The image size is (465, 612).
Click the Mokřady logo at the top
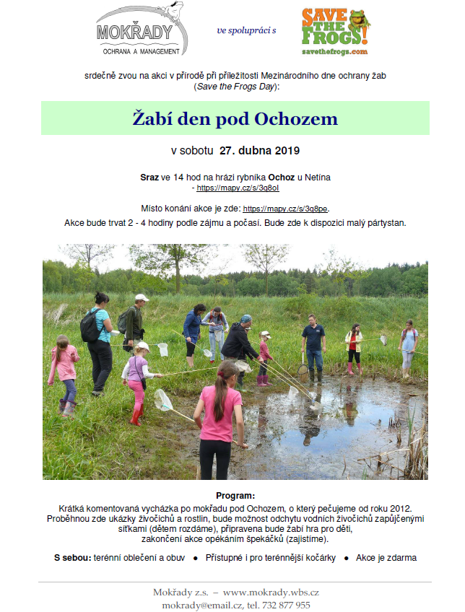pos(142,30)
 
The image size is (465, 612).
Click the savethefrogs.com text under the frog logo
pos(334,52)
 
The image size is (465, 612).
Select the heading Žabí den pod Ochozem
pos(235,118)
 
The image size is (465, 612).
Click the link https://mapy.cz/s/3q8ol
pos(238,188)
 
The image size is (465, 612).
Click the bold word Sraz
pos(149,176)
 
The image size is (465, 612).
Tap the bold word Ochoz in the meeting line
pos(281,176)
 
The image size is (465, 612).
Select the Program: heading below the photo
pos(235,496)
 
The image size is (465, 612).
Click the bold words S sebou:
pos(72,558)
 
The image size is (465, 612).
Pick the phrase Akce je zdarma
pos(386,558)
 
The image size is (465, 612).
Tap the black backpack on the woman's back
pos(90,326)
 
